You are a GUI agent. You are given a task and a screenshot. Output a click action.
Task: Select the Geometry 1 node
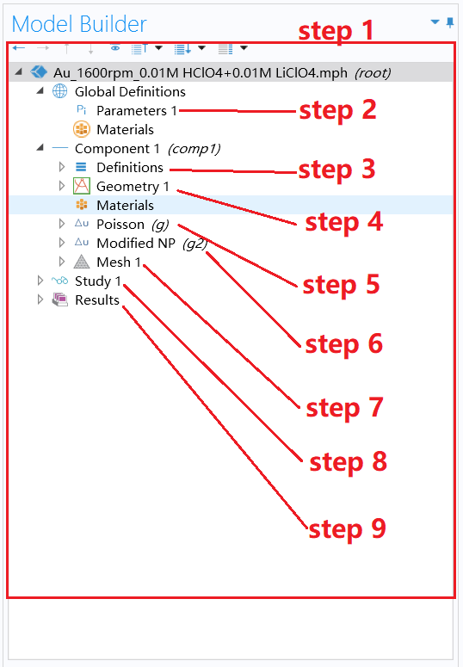[133, 187]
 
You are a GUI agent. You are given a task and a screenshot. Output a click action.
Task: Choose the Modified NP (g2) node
[151, 244]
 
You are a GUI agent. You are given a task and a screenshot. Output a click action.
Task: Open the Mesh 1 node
[119, 262]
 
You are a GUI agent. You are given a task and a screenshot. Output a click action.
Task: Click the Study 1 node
[98, 281]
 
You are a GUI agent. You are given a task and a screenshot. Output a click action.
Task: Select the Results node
[96, 300]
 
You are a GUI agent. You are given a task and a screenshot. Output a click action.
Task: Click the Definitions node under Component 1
[129, 168]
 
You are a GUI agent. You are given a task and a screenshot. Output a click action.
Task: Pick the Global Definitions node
[129, 92]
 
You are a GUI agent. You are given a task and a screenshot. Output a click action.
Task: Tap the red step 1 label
[336, 32]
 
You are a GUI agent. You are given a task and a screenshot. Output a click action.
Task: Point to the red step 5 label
[341, 284]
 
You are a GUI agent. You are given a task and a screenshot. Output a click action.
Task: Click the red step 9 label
[348, 528]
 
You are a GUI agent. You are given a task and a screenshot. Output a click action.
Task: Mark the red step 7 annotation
[344, 407]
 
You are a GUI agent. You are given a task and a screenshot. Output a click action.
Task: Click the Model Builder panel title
[79, 24]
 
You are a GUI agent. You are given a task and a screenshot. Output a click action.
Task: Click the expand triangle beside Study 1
[40, 281]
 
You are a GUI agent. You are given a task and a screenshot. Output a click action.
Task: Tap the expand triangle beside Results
[40, 300]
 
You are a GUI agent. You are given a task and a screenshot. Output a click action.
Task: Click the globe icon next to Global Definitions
[59, 92]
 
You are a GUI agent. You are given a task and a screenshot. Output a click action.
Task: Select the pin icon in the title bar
[449, 23]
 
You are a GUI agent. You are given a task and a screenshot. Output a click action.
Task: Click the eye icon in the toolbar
[115, 48]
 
